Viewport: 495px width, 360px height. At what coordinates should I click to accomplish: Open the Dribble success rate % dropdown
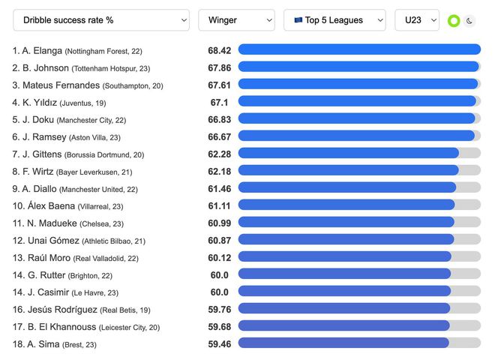(x=101, y=20)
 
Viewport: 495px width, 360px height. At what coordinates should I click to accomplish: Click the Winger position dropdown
(x=236, y=20)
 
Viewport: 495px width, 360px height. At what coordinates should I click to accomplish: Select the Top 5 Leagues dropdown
(x=334, y=20)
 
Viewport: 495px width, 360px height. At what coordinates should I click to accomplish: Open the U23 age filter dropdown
(x=417, y=20)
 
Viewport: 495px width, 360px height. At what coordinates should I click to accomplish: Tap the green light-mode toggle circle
(x=453, y=21)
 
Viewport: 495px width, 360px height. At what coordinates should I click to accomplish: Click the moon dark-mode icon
(x=469, y=21)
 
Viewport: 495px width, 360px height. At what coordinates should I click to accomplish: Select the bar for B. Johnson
(x=358, y=67)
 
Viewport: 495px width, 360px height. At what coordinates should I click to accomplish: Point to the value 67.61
(x=220, y=85)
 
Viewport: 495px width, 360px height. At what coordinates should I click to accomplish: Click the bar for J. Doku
(x=356, y=118)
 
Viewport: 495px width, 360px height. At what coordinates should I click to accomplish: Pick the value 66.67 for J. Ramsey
(x=220, y=136)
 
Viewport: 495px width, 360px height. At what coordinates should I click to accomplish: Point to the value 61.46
(x=220, y=189)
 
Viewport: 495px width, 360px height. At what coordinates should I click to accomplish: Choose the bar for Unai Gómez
(x=346, y=239)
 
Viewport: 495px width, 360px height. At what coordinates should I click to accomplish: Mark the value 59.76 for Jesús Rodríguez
(x=220, y=309)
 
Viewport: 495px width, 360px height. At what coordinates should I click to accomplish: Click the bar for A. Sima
(x=343, y=343)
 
